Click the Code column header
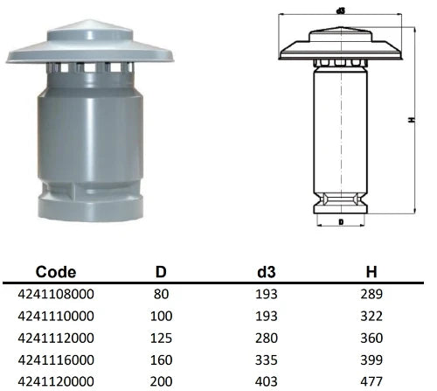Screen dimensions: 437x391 [x=56, y=272]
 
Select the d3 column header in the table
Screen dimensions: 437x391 [x=267, y=272]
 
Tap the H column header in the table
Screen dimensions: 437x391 [x=371, y=272]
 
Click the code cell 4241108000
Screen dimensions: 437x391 [x=56, y=294]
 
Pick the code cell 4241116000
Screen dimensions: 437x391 [x=56, y=360]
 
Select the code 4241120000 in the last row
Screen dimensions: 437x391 [x=56, y=381]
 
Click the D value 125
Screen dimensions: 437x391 [x=161, y=338]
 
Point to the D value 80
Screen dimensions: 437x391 [x=161, y=294]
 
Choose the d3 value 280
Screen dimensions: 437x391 [x=267, y=338]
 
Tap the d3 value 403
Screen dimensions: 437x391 [x=267, y=381]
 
